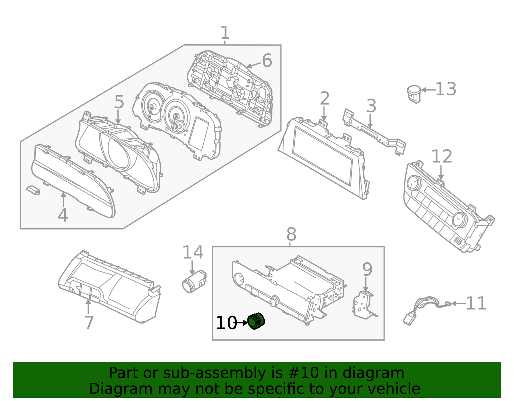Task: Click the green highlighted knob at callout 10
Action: [256, 321]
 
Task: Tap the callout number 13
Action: [446, 89]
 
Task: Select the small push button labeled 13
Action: [414, 93]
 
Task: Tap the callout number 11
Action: [476, 303]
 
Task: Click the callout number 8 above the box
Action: [291, 235]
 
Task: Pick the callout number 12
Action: [441, 157]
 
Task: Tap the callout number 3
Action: [371, 106]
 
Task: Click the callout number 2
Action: [324, 99]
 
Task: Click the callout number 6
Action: [267, 61]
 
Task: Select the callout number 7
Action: [89, 323]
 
